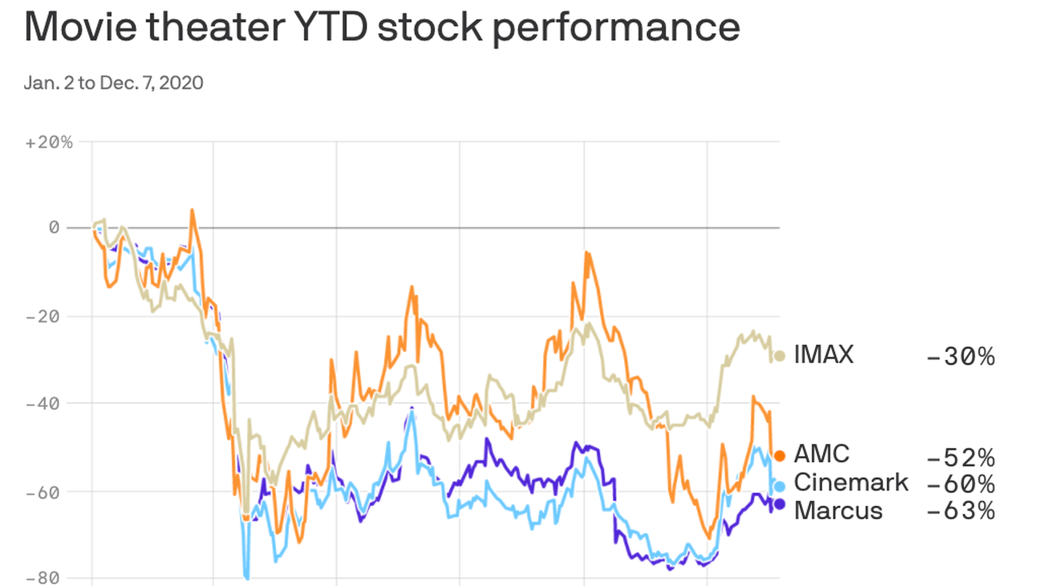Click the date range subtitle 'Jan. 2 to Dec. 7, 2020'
pyautogui.click(x=113, y=83)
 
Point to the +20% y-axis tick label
pyautogui.click(x=49, y=142)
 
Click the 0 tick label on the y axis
pyautogui.click(x=54, y=227)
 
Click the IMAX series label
pyautogui.click(x=823, y=355)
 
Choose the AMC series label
pyautogui.click(x=822, y=454)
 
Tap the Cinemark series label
pyautogui.click(x=850, y=482)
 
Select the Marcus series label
pyautogui.click(x=838, y=511)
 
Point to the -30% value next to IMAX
pyautogui.click(x=961, y=356)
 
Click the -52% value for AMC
pyautogui.click(x=961, y=458)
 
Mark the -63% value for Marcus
pyautogui.click(x=961, y=511)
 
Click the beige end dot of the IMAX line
pyautogui.click(x=779, y=356)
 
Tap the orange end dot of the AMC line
pyautogui.click(x=779, y=455)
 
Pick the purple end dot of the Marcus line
pyautogui.click(x=779, y=504)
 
